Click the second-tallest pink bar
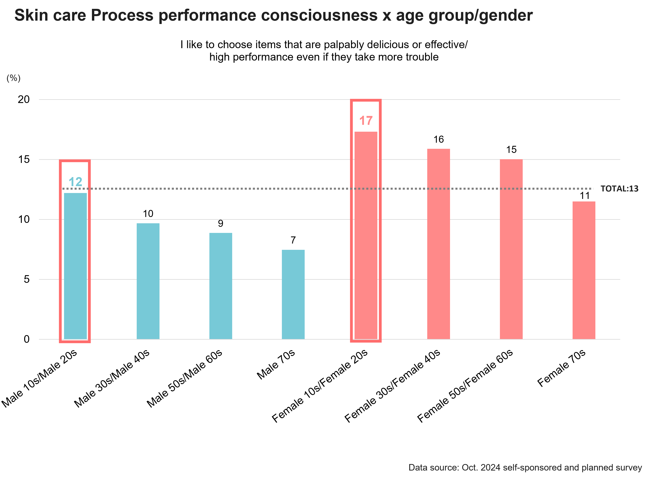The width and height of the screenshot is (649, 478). point(439,244)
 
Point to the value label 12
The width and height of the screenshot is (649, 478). point(75,182)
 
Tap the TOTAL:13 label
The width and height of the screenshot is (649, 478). point(619,189)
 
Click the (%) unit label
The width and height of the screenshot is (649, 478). point(14,78)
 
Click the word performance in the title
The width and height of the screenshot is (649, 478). point(207,16)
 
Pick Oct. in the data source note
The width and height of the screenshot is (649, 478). point(469,468)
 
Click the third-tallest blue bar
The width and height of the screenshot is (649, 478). point(221,286)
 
